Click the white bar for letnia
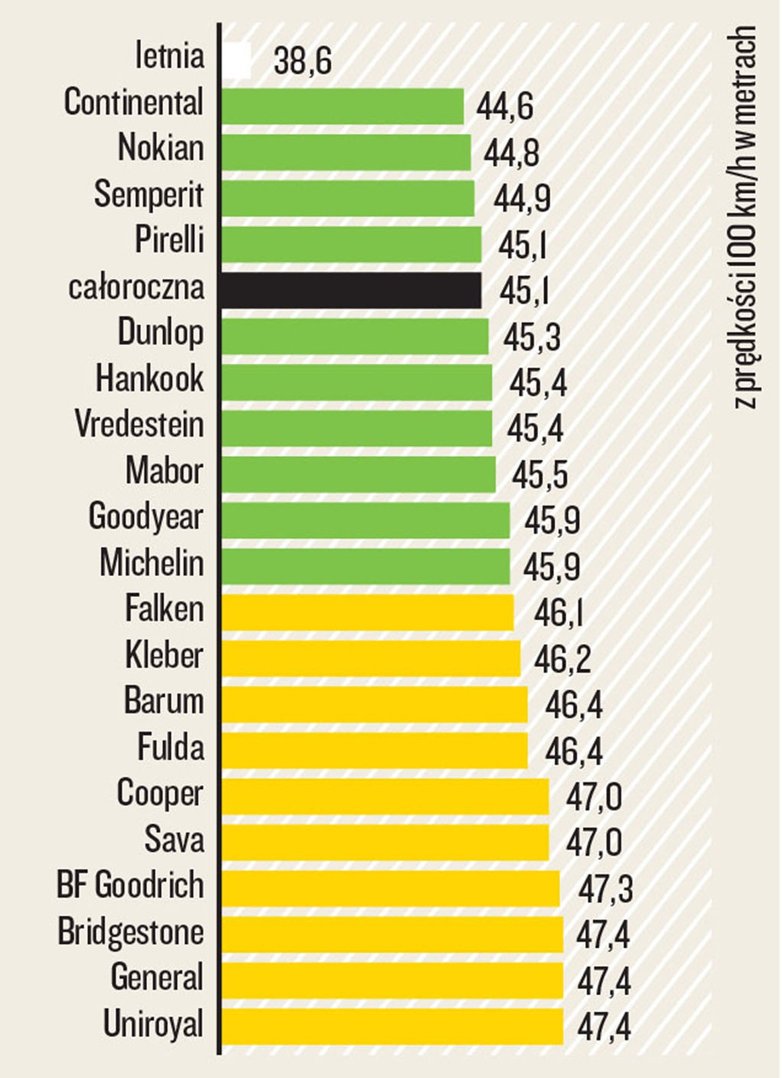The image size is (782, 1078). click(237, 61)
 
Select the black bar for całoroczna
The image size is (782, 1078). click(351, 290)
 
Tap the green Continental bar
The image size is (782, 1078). click(342, 106)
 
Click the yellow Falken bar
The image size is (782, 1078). click(367, 612)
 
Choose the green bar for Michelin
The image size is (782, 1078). click(365, 567)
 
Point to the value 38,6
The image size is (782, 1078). click(303, 61)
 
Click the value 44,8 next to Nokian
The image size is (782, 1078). click(511, 153)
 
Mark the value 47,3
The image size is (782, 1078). click(605, 889)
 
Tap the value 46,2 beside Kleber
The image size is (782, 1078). click(562, 659)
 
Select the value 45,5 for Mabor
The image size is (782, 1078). click(539, 475)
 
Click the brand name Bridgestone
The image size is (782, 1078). click(131, 932)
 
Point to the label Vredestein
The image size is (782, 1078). click(140, 425)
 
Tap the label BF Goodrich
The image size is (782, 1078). click(130, 885)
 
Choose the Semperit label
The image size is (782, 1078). click(148, 195)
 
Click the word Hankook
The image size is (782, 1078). click(149, 379)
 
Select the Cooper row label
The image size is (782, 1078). click(160, 793)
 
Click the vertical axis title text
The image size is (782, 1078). click(745, 216)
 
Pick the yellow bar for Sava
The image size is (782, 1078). click(385, 842)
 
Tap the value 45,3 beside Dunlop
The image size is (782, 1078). click(532, 337)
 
